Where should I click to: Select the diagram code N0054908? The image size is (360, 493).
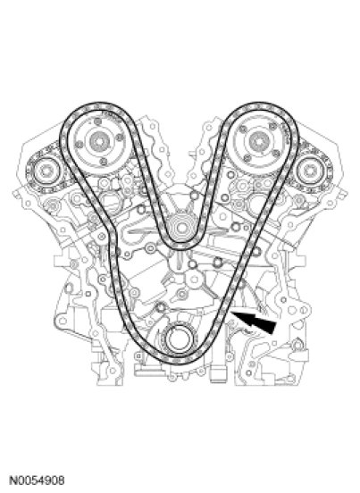pos(38,480)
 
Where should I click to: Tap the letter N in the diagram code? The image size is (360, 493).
pos(13,480)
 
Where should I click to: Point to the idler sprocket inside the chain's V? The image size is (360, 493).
pos(181,228)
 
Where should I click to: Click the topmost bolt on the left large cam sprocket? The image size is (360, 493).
pos(99,121)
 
